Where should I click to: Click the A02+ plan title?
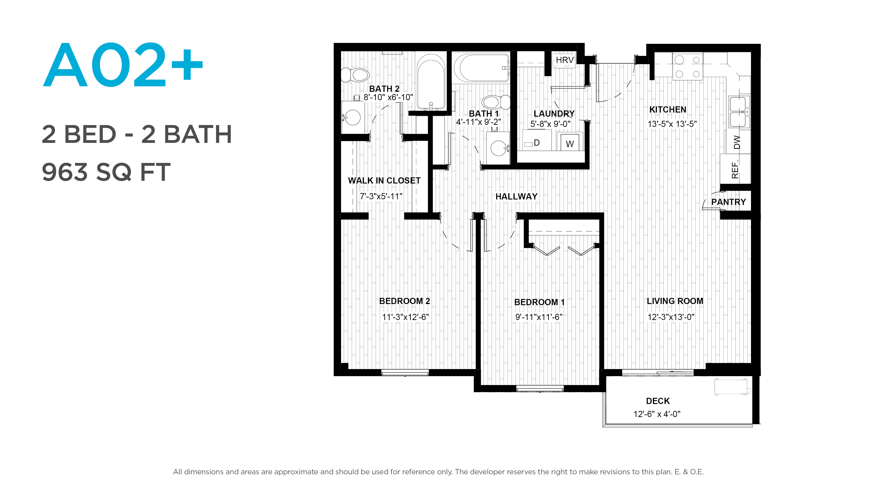[x=123, y=64]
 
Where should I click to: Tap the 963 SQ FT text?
[x=106, y=172]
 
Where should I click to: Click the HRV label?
[x=565, y=60]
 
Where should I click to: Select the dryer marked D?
[x=537, y=143]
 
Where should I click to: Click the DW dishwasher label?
[x=737, y=142]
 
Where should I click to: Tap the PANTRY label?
[x=728, y=202]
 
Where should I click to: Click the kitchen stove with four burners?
[x=688, y=66]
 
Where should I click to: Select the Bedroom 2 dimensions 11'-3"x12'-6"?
[x=405, y=317]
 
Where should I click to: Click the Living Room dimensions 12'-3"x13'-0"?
[x=671, y=317]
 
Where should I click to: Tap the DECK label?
[x=658, y=401]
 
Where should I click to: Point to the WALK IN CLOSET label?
[x=384, y=181]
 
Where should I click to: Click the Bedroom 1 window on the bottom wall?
[x=540, y=388]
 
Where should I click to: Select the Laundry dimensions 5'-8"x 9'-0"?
[x=550, y=124]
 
